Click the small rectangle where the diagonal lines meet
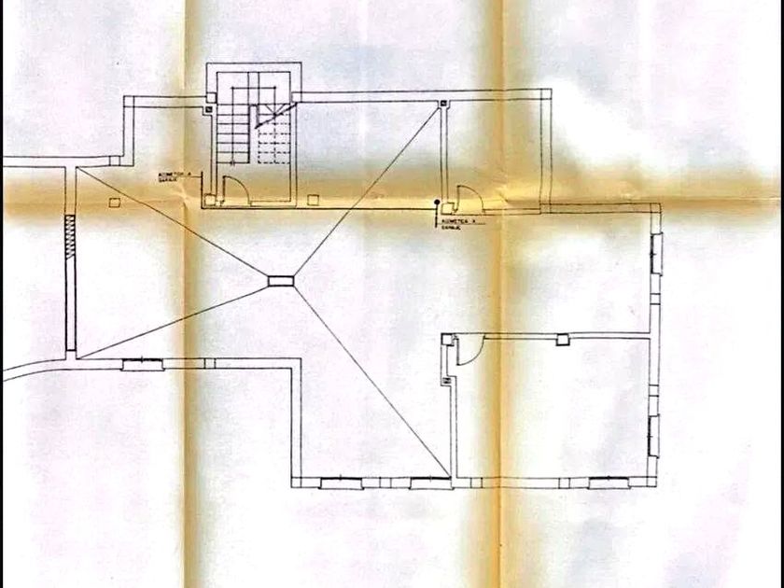pyautogui.click(x=280, y=280)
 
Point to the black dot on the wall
pyautogui.click(x=435, y=202)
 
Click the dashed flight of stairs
pyautogui.click(x=274, y=140)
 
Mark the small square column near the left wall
pyautogui.click(x=114, y=201)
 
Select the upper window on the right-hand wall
pyautogui.click(x=656, y=254)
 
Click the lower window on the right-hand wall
pyautogui.click(x=654, y=435)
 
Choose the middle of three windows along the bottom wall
pyautogui.click(x=429, y=483)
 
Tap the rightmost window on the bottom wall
pyautogui.click(x=609, y=483)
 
